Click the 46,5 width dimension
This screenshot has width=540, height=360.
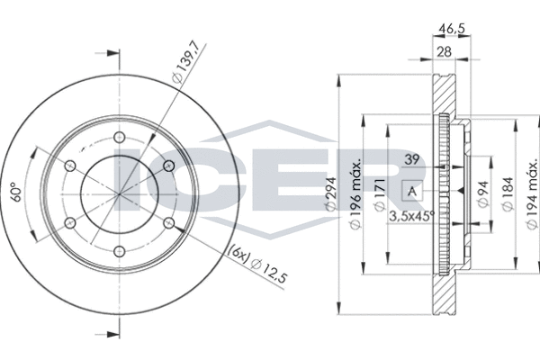[451, 29]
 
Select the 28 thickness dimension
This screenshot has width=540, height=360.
[444, 52]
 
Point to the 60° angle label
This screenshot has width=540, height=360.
[16, 192]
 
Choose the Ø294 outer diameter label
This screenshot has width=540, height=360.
[330, 194]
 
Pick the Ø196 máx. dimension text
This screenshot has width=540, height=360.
[355, 194]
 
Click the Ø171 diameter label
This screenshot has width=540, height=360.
[380, 194]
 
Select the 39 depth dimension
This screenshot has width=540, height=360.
[412, 159]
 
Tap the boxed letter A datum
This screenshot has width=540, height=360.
[412, 191]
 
